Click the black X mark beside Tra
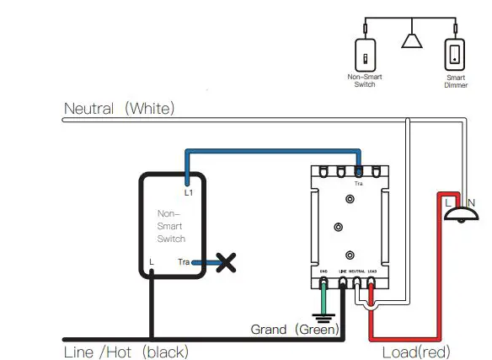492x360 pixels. pyautogui.click(x=226, y=262)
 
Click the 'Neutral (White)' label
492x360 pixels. pyautogui.click(x=120, y=108)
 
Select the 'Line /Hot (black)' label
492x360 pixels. pyautogui.click(x=126, y=351)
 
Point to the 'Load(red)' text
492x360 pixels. pyautogui.click(x=416, y=351)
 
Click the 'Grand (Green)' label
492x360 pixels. pyautogui.click(x=294, y=329)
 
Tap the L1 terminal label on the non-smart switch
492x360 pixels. pyautogui.click(x=189, y=193)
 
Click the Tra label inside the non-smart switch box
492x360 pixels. pyautogui.click(x=184, y=262)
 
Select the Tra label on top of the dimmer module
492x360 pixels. pyautogui.click(x=358, y=183)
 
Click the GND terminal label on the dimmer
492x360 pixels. pyautogui.click(x=324, y=271)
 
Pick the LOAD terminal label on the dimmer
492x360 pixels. pyautogui.click(x=372, y=271)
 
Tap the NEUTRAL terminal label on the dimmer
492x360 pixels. pyautogui.click(x=356, y=271)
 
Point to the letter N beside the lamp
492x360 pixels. pyautogui.click(x=472, y=201)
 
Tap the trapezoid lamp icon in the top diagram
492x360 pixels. pyautogui.click(x=411, y=42)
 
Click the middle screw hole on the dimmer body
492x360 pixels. pyautogui.click(x=339, y=227)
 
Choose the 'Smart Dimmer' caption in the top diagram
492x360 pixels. pyautogui.click(x=456, y=81)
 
